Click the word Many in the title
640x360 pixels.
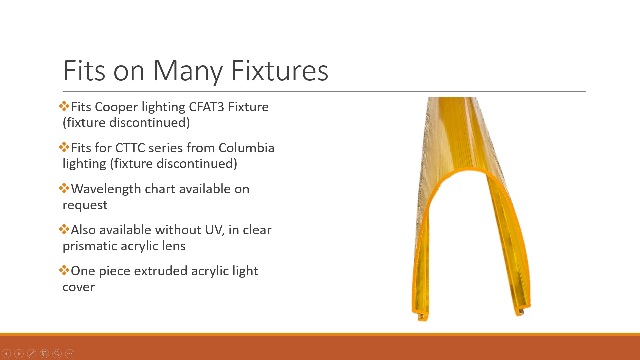tap(188, 71)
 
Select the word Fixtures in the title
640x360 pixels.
tap(279, 70)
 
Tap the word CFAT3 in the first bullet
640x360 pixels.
tap(206, 107)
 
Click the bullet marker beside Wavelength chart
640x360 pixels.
tap(64, 188)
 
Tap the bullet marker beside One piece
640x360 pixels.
tap(64, 270)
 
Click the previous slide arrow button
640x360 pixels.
tap(6, 354)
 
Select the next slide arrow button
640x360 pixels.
tap(19, 354)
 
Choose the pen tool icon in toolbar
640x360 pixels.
tap(32, 354)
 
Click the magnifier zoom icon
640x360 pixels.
tap(57, 354)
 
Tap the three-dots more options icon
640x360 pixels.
tap(70, 354)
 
